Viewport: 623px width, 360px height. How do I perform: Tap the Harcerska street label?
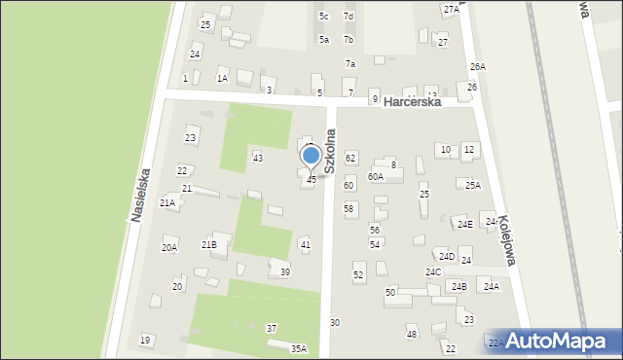tap(413, 101)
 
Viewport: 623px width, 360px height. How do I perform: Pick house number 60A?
tap(376, 177)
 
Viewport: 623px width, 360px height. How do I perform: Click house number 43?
tap(257, 158)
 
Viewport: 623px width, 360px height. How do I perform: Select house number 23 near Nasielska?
tap(191, 138)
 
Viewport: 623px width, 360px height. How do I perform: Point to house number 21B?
tap(208, 245)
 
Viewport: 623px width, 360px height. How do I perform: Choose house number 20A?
tap(169, 248)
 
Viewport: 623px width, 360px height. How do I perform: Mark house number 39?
tap(285, 272)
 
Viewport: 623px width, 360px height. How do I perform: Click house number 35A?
tap(299, 348)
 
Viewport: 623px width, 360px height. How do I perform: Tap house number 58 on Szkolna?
tap(349, 208)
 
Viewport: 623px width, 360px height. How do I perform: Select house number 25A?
tap(473, 185)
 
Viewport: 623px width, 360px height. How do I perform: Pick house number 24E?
tap(465, 225)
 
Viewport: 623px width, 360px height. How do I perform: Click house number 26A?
tap(477, 66)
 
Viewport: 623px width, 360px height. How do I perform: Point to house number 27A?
tap(451, 9)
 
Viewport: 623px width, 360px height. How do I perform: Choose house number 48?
tap(412, 335)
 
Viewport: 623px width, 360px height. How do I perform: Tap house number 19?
tap(145, 341)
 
